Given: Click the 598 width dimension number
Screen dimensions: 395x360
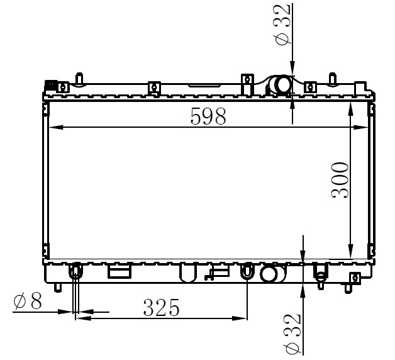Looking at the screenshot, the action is pyautogui.click(x=208, y=116).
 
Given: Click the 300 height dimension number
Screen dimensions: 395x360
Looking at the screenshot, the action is pyautogui.click(x=340, y=180).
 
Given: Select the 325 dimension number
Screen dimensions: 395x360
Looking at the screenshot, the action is pyautogui.click(x=161, y=307).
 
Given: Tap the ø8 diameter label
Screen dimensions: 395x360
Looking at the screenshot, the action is pyautogui.click(x=28, y=301).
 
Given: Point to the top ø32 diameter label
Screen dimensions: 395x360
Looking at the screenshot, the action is pyautogui.click(x=282, y=25).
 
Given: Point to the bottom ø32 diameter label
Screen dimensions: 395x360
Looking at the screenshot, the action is pyautogui.click(x=292, y=334).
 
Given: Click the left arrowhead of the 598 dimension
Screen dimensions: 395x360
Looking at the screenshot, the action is pyautogui.click(x=55, y=127).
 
